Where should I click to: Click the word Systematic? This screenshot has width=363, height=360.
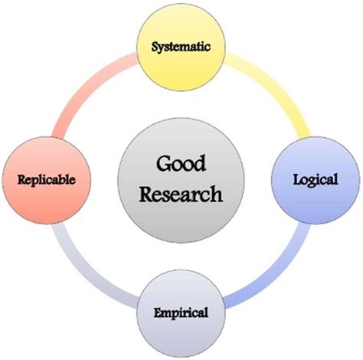181,47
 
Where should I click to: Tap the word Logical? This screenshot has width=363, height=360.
316,179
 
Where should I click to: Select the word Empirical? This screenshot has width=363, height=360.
181,313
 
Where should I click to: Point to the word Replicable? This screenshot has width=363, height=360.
47,179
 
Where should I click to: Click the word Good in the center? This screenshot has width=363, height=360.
181,164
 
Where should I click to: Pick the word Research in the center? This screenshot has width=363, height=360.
181,195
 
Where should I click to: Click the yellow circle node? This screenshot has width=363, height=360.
181,47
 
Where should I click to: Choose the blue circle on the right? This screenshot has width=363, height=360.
316,180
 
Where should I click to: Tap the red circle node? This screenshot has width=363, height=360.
47,180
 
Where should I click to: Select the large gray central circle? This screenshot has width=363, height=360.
181,180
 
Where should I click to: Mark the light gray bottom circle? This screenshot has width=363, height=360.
181,313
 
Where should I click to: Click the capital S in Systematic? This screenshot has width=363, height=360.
155,47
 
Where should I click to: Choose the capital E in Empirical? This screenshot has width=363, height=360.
159,313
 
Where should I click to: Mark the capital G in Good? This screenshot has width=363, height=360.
163,164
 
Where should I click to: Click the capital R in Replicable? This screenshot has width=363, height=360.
22,179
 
